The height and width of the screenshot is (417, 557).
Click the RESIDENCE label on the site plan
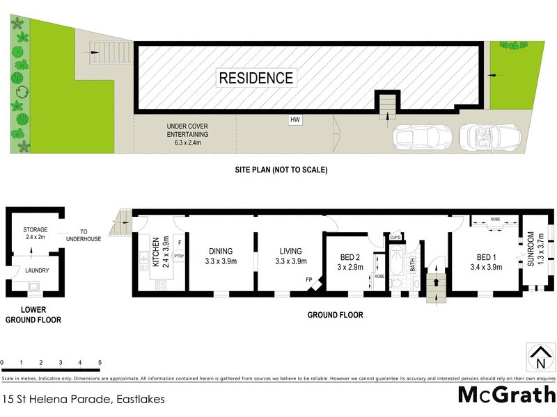pos(256,77)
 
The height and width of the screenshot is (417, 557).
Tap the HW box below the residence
pos(296,120)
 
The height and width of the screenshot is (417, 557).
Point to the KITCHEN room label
pos(157,252)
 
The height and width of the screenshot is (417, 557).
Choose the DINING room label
pos(220,256)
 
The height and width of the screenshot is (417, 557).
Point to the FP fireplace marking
pos(308,280)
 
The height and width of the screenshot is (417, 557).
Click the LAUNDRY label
pos(36,271)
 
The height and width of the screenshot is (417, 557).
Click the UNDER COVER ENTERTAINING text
pos(187,134)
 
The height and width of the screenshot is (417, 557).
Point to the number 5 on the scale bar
pos(100,363)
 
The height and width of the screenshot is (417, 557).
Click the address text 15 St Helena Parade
pos(77,399)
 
